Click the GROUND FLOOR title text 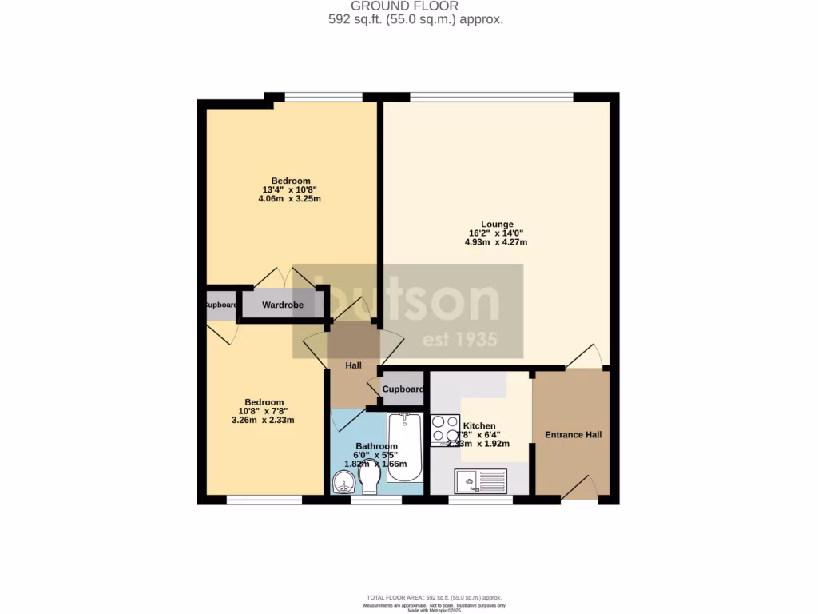415,6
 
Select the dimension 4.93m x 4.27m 496,242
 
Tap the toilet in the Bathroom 369,480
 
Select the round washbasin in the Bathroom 344,483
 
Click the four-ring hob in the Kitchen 445,429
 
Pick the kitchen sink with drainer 481,480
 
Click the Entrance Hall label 573,435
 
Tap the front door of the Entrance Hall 582,487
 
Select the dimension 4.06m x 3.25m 290,199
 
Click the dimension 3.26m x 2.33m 264,420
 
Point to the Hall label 353,365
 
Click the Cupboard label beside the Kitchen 403,389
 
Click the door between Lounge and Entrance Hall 585,357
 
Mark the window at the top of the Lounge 491,98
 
